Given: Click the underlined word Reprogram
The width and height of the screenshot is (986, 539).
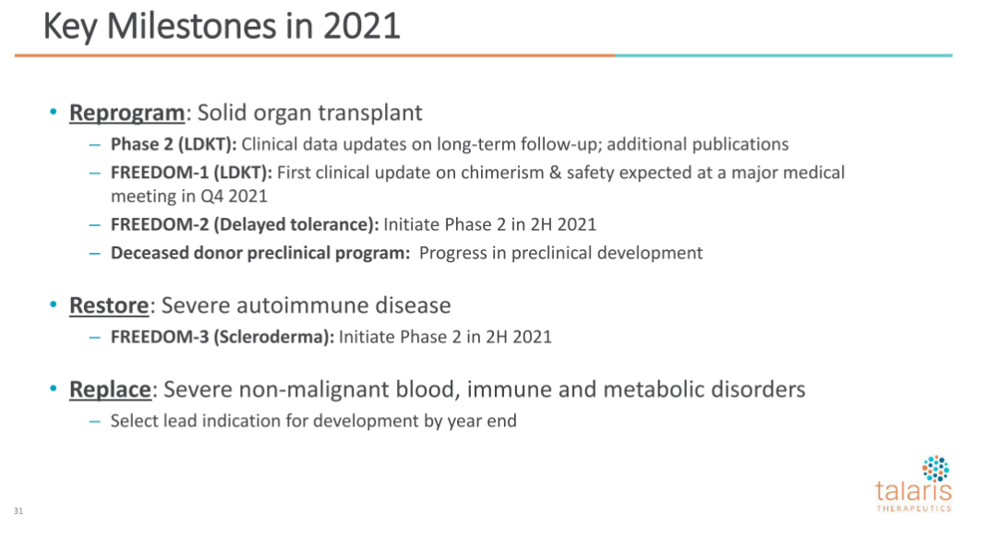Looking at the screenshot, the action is tap(127, 114).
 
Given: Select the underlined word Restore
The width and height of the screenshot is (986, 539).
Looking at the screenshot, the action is tap(109, 305).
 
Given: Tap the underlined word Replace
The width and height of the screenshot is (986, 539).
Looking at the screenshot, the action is tap(110, 389).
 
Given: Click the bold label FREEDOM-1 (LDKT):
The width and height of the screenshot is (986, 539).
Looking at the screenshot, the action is tap(191, 173).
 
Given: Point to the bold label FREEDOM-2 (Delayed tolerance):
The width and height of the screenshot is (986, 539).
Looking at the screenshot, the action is tap(245, 224).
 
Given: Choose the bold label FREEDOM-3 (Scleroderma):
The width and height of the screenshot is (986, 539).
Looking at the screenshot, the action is tap(222, 337).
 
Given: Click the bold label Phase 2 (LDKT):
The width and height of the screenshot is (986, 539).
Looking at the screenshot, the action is tap(174, 145).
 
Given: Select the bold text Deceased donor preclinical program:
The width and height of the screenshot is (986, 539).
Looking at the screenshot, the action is tap(260, 253).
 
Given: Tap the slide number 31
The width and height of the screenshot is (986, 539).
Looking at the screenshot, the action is tap(18, 510).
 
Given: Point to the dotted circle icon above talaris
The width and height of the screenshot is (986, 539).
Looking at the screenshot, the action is tap(936, 469).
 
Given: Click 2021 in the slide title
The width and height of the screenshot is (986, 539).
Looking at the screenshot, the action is tap(362, 27).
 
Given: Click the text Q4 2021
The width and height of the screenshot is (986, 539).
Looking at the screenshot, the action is tap(234, 197).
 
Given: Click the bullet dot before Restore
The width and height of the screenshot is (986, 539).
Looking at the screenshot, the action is tap(54, 305).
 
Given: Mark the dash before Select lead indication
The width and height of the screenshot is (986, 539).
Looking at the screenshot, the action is tap(95, 422).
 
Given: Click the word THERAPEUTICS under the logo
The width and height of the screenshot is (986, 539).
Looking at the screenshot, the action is tap(914, 509).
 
